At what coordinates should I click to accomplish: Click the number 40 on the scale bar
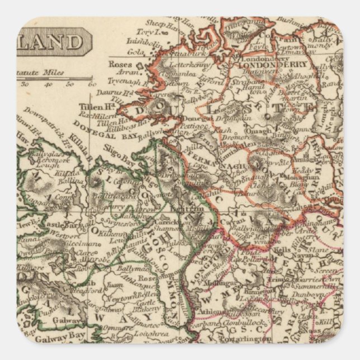click(48, 84)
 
